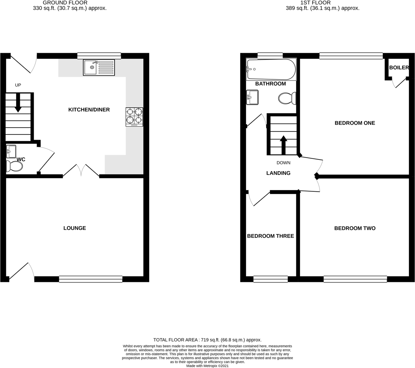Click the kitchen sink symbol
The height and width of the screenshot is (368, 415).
99,68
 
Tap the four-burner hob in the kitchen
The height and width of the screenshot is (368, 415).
134,116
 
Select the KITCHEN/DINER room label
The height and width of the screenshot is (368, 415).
89,110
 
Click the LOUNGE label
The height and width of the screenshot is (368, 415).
75,228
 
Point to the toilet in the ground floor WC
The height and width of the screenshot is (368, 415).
15,166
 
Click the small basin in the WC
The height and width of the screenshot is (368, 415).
11,151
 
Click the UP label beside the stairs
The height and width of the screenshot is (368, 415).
18,85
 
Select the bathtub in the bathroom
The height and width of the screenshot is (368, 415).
271,69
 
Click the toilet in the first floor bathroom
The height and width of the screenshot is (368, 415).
287,98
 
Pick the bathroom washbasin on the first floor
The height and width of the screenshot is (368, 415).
252,97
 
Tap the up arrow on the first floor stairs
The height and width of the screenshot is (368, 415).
284,145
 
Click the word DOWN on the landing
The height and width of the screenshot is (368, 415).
284,163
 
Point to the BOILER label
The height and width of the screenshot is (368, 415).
399,68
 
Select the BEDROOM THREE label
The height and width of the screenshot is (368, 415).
270,236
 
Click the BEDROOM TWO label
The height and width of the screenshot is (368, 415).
355,228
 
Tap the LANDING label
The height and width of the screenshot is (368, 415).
278,173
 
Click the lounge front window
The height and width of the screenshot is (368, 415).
91,279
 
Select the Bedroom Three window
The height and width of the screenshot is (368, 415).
270,279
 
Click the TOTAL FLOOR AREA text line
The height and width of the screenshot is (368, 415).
207,340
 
